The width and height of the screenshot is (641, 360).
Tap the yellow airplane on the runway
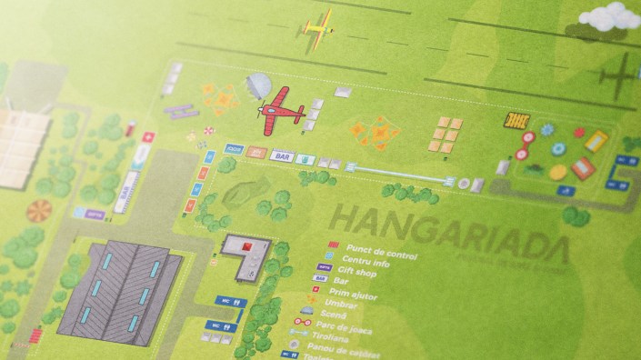coord(320,27)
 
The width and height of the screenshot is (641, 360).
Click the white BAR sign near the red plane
coord(283,156)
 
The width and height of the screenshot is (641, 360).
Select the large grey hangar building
coord(118,282)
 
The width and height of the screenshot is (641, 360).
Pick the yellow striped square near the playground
coord(516,121)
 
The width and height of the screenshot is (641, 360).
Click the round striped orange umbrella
coord(38,211)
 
